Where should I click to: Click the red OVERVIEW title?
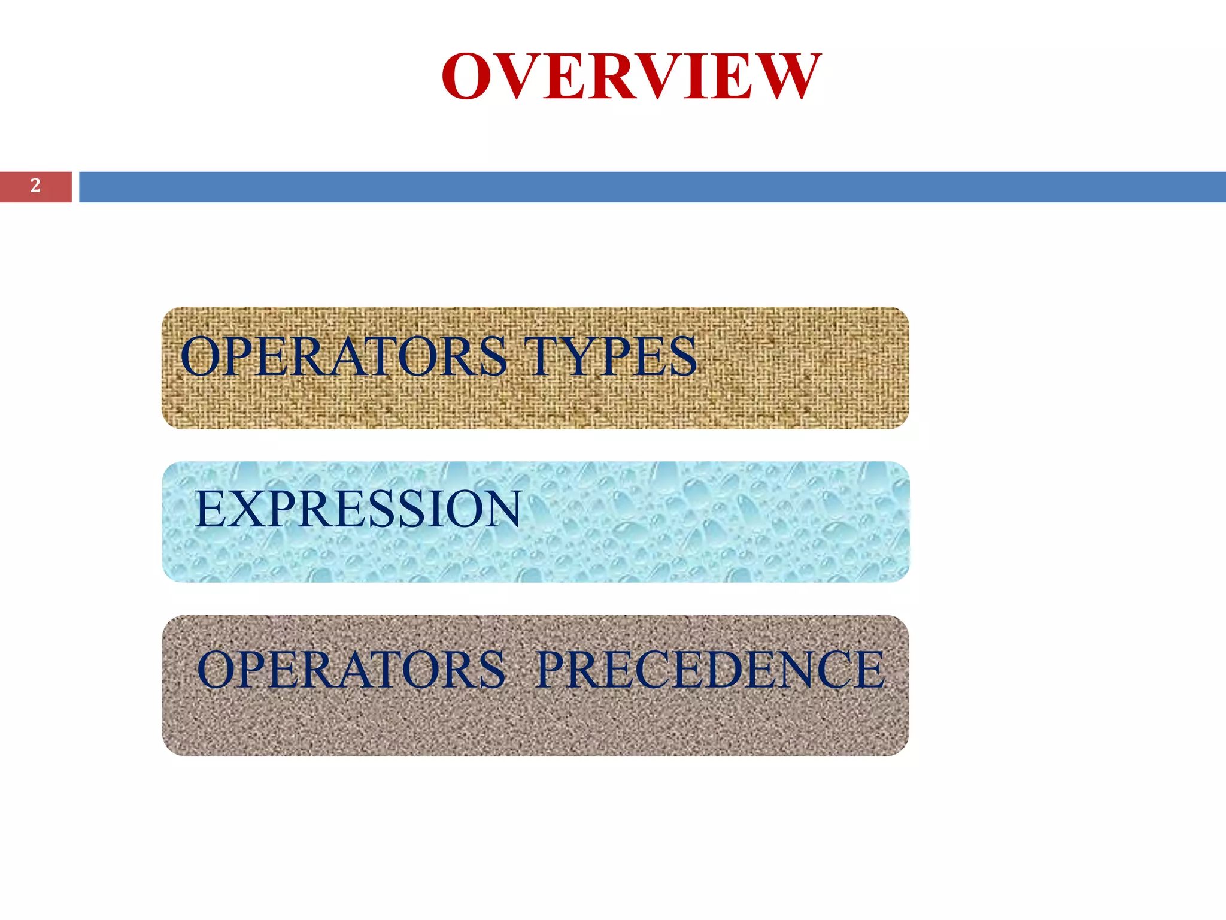pyautogui.click(x=631, y=77)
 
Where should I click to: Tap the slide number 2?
pyautogui.click(x=35, y=186)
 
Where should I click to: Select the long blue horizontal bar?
pyautogui.click(x=652, y=187)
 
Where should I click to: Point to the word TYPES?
pyautogui.click(x=611, y=357)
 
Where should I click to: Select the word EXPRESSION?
pyautogui.click(x=358, y=509)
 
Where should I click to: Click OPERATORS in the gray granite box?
pyautogui.click(x=351, y=670)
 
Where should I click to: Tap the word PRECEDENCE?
pyautogui.click(x=710, y=670)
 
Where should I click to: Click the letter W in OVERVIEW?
pyautogui.click(x=786, y=77)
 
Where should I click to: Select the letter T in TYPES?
pyautogui.click(x=541, y=357)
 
